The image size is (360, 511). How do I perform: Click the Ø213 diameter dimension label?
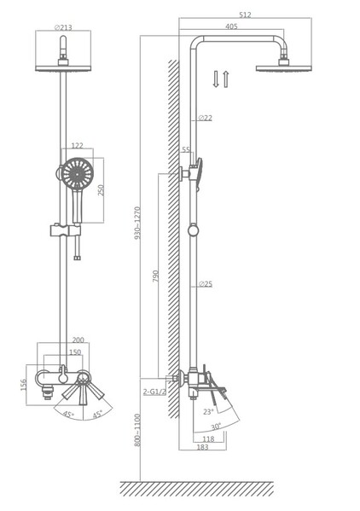[63, 27]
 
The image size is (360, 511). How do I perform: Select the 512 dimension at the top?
[245, 15]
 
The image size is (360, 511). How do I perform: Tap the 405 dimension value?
[232, 26]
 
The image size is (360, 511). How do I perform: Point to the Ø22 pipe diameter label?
[205, 118]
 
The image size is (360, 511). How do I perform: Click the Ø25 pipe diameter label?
[206, 284]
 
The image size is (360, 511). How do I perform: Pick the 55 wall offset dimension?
[186, 149]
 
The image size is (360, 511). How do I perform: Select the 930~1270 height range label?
[137, 223]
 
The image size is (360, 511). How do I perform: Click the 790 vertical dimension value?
[156, 276]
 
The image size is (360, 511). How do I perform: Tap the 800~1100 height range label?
[137, 430]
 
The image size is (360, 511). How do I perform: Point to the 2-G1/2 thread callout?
[154, 392]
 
